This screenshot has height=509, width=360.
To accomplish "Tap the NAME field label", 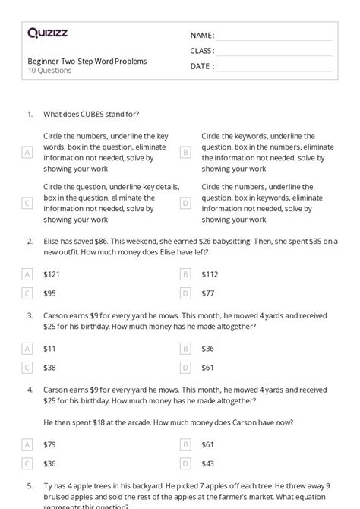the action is (x=201, y=36).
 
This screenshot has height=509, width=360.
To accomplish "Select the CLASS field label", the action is (x=202, y=51).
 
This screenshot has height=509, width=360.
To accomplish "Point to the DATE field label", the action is (x=201, y=66).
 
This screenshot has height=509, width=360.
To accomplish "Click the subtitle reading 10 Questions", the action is (x=49, y=71).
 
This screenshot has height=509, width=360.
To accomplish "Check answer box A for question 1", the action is (x=27, y=152).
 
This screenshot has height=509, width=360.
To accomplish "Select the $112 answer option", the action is (x=210, y=274).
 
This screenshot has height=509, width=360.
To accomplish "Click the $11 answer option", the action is (x=49, y=349).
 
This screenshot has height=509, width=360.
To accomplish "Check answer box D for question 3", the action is (x=185, y=367).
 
